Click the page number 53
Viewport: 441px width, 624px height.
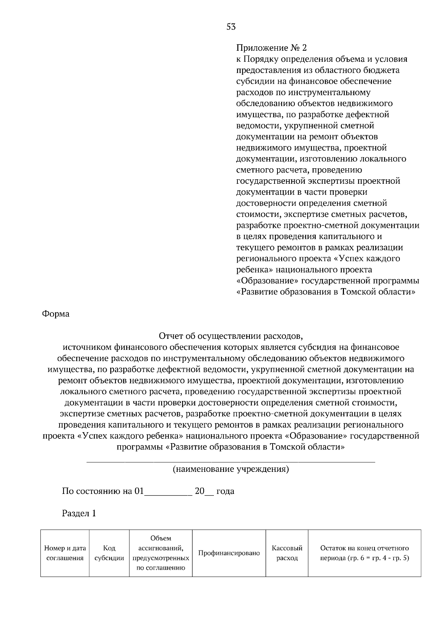pos(231,27)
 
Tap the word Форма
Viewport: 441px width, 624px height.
pos(55,314)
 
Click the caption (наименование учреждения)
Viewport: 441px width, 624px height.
pos(231,469)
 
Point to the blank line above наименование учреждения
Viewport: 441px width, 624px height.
pos(231,460)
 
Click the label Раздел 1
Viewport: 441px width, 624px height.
pos(79,513)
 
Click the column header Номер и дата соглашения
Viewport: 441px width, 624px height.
pos(65,553)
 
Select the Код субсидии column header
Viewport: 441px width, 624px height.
pos(109,553)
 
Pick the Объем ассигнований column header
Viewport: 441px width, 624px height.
pos(161,553)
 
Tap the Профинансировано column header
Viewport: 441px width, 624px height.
pos(229,553)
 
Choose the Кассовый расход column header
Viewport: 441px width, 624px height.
pos(287,553)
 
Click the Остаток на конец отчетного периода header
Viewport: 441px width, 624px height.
pos(364,553)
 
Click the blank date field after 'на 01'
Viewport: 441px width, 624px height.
pos(168,492)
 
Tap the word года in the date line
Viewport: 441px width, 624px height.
pos(225,492)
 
